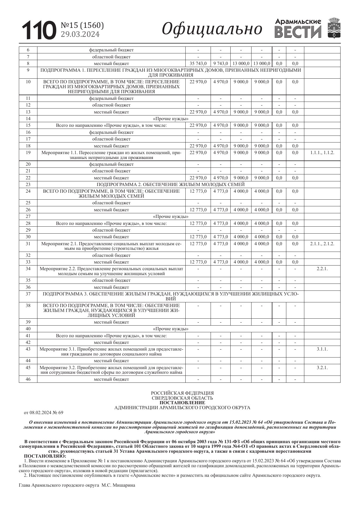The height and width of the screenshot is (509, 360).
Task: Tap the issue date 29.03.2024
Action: (80, 34)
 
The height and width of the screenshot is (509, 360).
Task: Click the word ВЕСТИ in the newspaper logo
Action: (298, 32)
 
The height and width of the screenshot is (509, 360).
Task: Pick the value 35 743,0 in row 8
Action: (198, 64)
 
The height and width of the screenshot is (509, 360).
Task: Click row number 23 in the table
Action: (28, 185)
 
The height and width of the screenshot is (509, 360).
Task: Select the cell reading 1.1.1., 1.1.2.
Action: (322, 153)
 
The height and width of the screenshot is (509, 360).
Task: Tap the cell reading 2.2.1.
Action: (322, 269)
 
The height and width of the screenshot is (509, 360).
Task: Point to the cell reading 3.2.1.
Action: (322, 367)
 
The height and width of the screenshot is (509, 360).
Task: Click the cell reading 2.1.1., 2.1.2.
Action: (322, 244)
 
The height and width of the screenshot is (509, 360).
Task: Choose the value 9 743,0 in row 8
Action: (220, 64)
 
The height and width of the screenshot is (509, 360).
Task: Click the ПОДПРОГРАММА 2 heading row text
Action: (171, 185)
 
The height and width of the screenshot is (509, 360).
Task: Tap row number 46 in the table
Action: (28, 379)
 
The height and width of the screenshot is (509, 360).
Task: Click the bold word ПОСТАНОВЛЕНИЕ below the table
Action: (182, 403)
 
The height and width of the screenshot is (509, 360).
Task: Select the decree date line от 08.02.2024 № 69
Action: (43, 413)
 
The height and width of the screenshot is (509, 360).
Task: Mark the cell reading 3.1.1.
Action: (322, 349)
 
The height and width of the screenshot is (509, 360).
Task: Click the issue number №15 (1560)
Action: (82, 26)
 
